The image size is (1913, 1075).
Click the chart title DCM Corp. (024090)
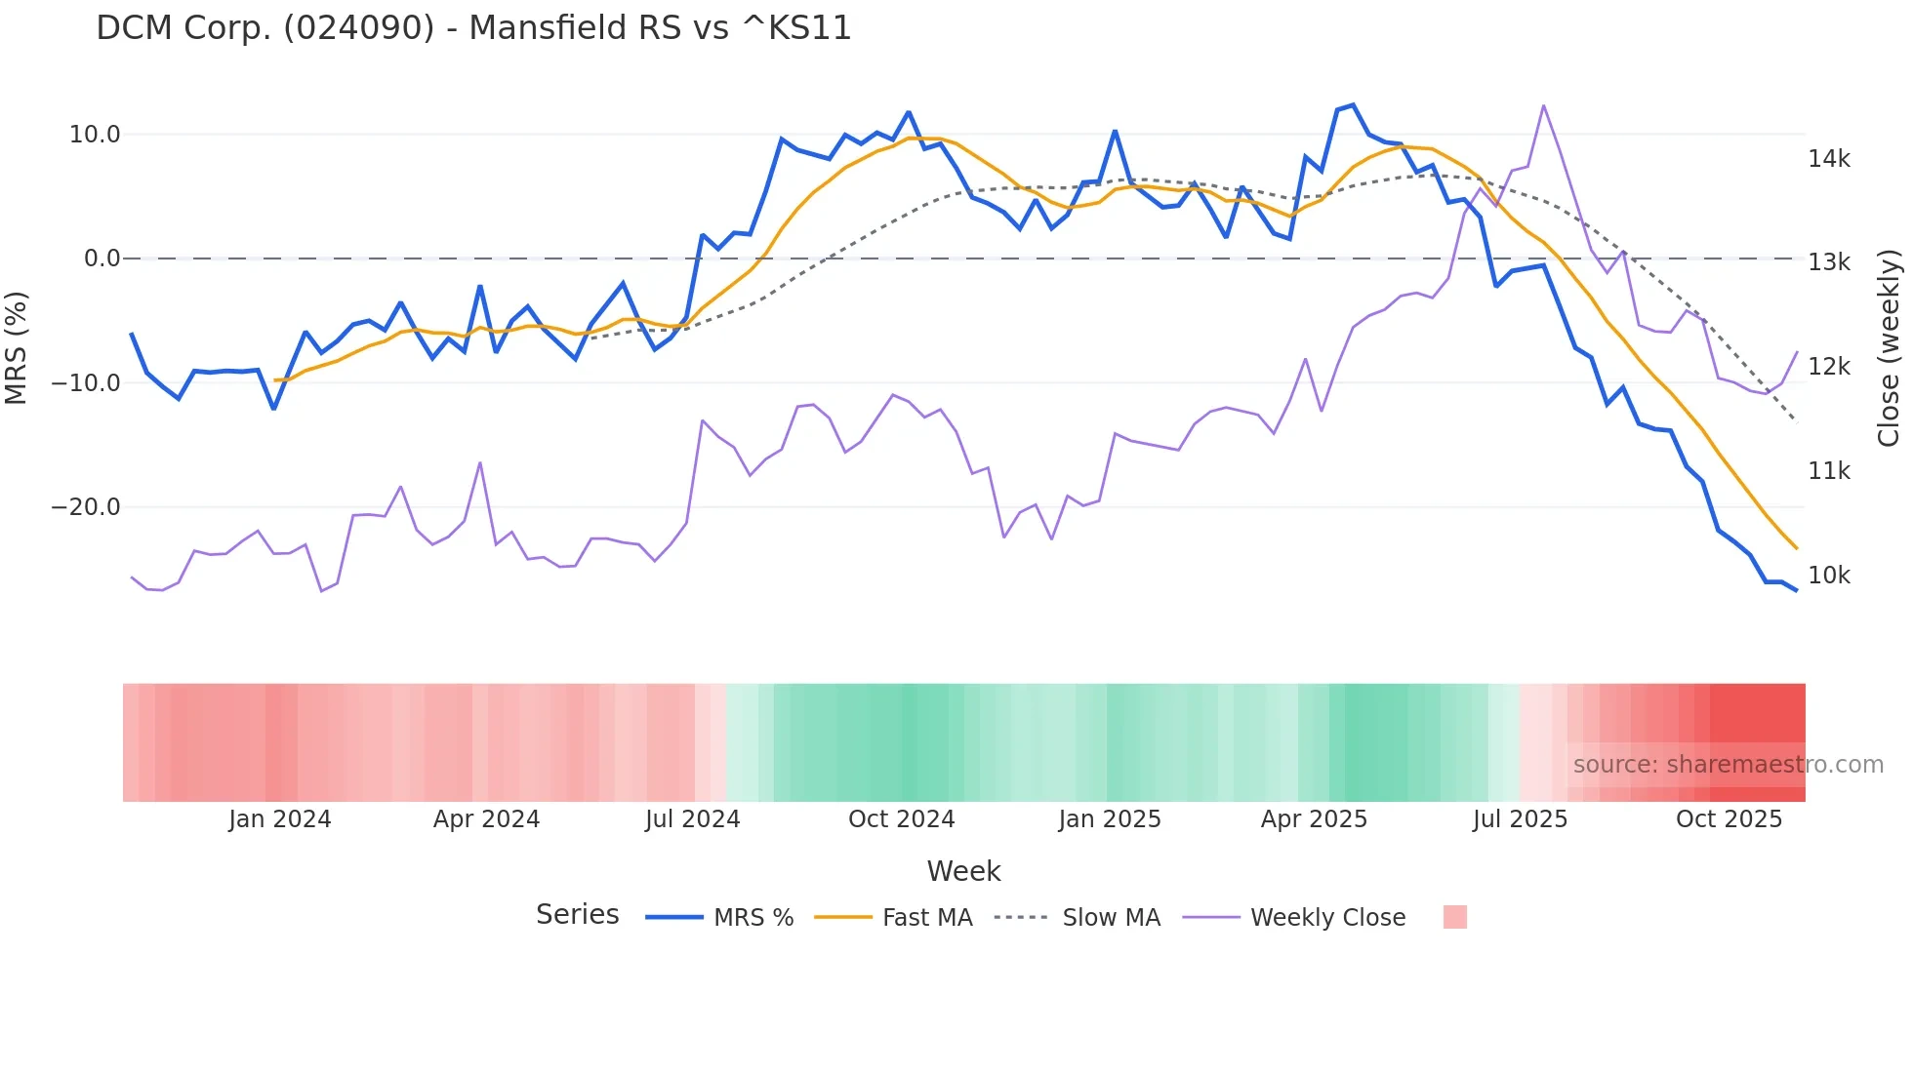tap(473, 28)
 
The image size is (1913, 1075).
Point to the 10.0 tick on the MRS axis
tap(95, 135)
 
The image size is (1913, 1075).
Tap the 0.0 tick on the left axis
tap(102, 259)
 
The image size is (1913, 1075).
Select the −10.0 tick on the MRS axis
tap(86, 383)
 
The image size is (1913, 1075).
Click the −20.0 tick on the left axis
tap(86, 507)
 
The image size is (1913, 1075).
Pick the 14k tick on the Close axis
tap(1829, 159)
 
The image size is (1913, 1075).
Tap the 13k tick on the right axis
tap(1829, 262)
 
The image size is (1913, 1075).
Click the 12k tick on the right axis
tap(1829, 367)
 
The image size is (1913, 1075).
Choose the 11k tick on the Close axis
tap(1829, 471)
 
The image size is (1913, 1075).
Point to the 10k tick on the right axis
tap(1829, 576)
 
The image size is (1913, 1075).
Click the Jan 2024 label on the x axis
tap(280, 819)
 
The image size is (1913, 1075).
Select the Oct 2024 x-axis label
tap(901, 819)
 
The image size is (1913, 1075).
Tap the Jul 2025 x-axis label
tap(1520, 819)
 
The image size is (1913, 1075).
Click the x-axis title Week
tap(963, 871)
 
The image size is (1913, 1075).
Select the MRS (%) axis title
tap(17, 347)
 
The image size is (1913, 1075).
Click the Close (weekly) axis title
tap(1889, 348)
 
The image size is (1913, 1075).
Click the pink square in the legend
tap(1454, 917)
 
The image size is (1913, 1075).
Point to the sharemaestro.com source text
tap(1728, 765)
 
